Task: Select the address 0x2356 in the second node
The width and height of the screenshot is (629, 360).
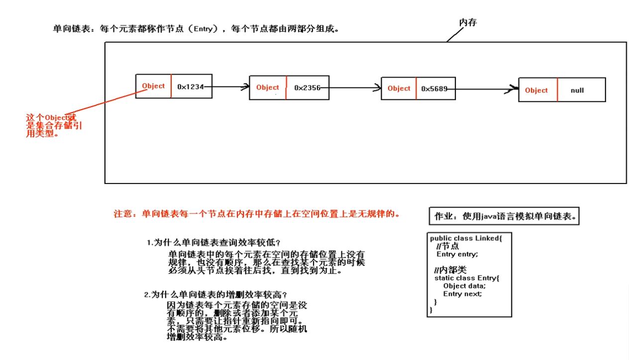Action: tap(307, 88)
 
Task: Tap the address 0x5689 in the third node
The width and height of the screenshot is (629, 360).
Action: tap(434, 89)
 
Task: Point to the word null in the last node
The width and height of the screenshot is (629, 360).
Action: tap(577, 90)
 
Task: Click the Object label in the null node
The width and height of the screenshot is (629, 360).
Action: tap(536, 90)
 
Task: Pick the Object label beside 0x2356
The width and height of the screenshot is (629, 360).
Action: tap(268, 88)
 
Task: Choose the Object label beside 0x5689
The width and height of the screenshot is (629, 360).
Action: tap(399, 89)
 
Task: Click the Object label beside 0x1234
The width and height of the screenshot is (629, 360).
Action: tap(153, 86)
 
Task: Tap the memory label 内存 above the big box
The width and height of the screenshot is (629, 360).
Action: tap(467, 22)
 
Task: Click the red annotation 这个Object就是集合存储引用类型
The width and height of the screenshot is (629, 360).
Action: tap(54, 125)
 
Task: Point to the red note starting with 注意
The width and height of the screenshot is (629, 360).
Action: tap(257, 214)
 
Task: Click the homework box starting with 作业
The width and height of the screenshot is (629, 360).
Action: tap(504, 216)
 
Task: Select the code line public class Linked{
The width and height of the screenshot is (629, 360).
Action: tap(466, 238)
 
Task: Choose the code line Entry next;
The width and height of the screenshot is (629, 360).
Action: tap(462, 294)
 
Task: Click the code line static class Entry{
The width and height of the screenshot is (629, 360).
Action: tap(466, 278)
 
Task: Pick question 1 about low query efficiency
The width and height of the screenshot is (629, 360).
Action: tap(214, 243)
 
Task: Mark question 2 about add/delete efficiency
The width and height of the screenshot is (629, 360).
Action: tap(216, 295)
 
